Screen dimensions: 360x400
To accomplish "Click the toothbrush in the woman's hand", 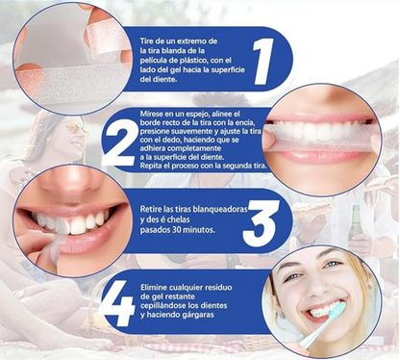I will coord(321,322).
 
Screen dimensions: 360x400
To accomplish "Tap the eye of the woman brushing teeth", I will coord(331,266).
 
